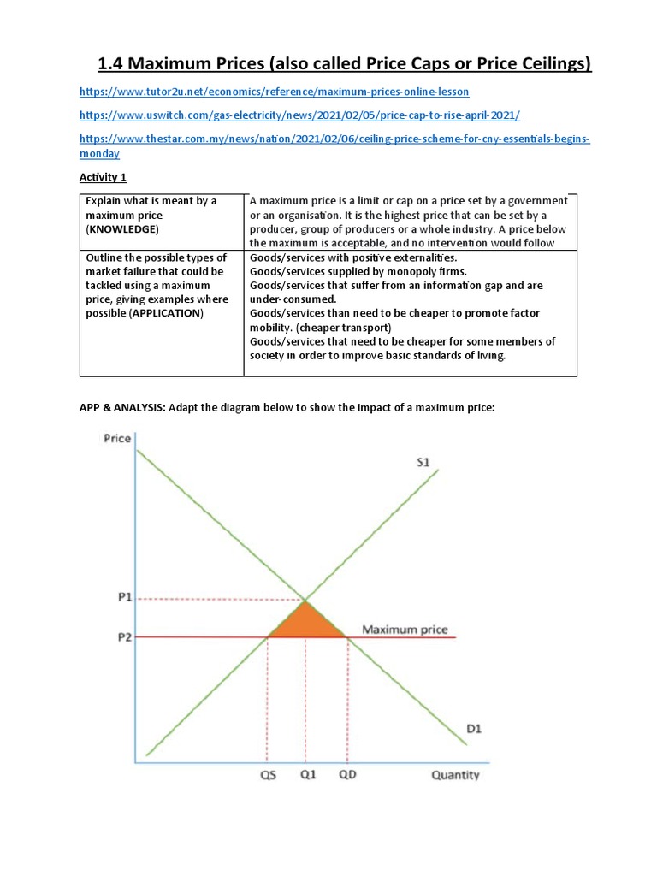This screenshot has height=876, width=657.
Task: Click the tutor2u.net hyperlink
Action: tap(274, 91)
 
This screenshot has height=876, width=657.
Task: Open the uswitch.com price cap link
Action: tap(299, 115)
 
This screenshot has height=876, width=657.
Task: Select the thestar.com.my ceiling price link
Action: tap(334, 139)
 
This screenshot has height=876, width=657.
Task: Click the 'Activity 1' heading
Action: tap(103, 177)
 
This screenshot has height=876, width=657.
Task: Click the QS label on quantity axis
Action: tap(267, 775)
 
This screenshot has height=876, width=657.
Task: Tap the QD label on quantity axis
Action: tap(346, 775)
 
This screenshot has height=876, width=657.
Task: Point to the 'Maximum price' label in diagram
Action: tap(404, 630)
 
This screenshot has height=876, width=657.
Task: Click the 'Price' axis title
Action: tap(117, 439)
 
